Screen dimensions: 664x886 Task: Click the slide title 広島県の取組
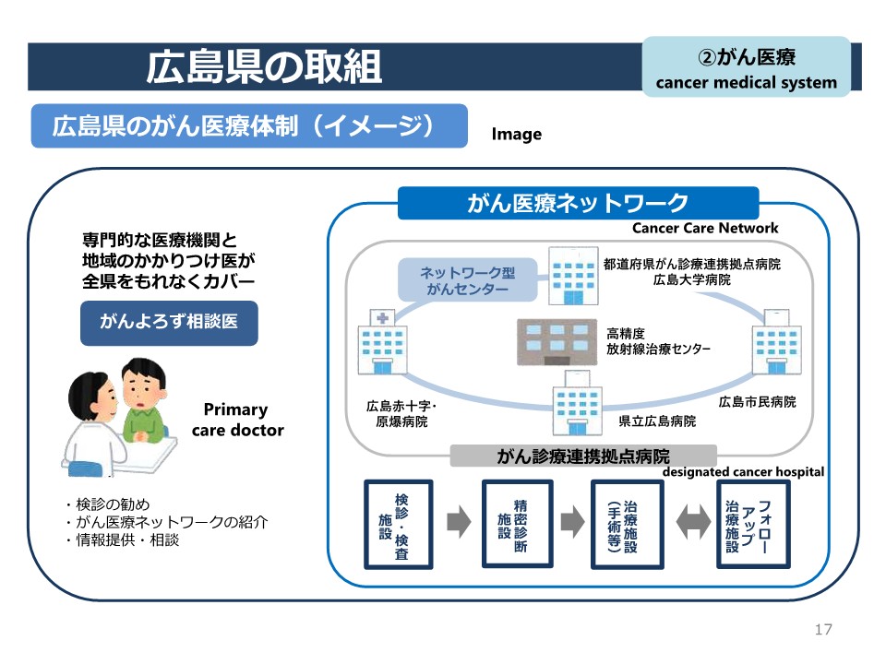point(264,66)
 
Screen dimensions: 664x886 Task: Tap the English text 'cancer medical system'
point(746,83)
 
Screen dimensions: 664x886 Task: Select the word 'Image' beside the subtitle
point(517,135)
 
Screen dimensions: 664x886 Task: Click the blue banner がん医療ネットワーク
point(578,203)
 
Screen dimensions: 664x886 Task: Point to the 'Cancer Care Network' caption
point(705,228)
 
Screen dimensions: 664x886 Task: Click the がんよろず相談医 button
point(169,322)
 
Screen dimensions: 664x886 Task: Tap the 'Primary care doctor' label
point(236,420)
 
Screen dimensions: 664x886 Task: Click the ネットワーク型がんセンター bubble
point(467,280)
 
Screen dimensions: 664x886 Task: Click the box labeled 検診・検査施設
point(399,524)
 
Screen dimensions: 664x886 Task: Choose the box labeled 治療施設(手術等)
point(625,524)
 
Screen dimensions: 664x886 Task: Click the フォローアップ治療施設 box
point(753,524)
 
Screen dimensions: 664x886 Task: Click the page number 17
point(823,630)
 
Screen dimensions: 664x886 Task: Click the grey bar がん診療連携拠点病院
point(583,456)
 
